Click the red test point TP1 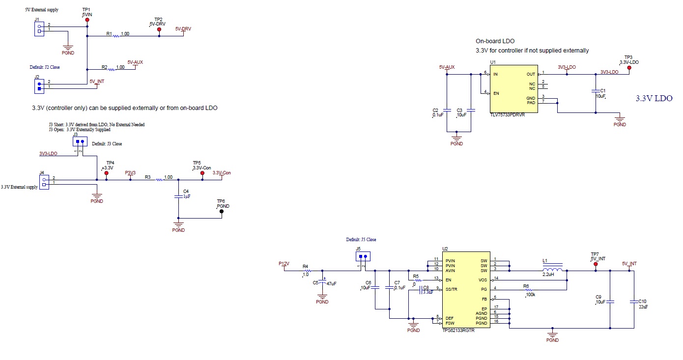[87, 20]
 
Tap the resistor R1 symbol [116, 36]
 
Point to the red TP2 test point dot [159, 29]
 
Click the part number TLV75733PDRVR [508, 115]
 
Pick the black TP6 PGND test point [221, 212]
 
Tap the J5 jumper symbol [364, 256]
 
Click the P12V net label [284, 264]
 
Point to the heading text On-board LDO [495, 41]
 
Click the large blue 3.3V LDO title [654, 98]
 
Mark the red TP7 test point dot [596, 264]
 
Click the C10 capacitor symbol [633, 302]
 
